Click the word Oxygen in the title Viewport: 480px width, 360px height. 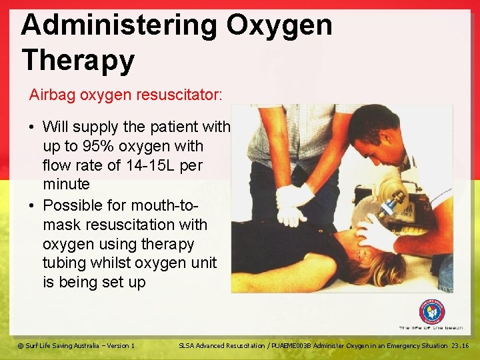(x=279, y=26)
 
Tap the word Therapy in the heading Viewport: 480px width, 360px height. (x=77, y=60)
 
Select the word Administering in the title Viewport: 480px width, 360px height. (x=119, y=26)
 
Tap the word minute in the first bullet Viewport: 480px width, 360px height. (x=66, y=183)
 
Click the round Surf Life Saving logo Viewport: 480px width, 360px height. (x=431, y=311)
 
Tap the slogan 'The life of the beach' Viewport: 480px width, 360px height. (x=431, y=328)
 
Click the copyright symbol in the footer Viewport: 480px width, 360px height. (x=20, y=345)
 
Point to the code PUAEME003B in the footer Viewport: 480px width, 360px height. (x=299, y=345)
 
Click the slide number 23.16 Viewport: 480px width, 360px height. (x=460, y=345)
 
